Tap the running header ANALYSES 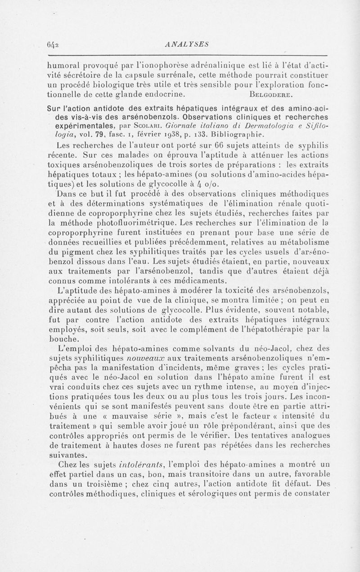(x=184, y=44)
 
